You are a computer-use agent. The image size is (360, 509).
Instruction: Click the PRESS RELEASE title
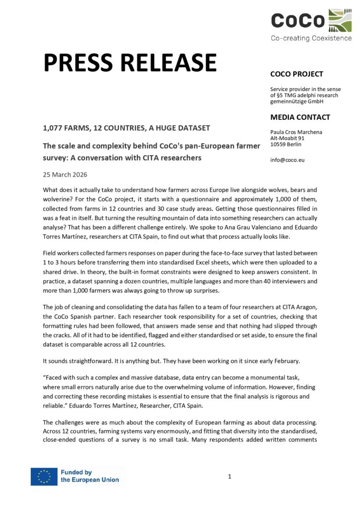[x=130, y=63]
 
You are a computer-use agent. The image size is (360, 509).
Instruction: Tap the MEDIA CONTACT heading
[x=300, y=117]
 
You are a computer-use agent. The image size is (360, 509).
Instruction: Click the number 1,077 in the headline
[x=54, y=128]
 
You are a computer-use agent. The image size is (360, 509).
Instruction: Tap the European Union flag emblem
[x=44, y=476]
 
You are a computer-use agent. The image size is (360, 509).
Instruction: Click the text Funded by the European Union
[x=90, y=476]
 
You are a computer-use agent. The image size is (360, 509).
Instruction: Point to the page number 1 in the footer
[x=230, y=477]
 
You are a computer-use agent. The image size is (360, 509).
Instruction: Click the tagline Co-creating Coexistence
[x=311, y=38]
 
